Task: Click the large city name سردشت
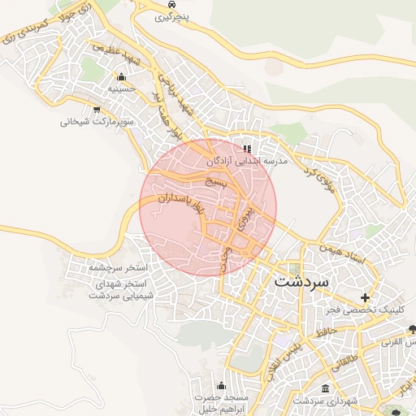(x=301, y=281)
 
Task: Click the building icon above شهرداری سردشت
(x=326, y=388)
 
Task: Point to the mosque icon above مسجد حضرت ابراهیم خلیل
(x=221, y=385)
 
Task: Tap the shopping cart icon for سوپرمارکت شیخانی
(x=97, y=110)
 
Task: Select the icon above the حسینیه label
(x=120, y=76)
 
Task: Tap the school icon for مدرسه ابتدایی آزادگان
(x=247, y=149)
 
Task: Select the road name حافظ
(x=327, y=331)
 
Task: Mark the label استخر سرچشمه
(x=119, y=266)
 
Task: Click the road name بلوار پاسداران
(x=173, y=210)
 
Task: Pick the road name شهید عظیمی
(x=114, y=54)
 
